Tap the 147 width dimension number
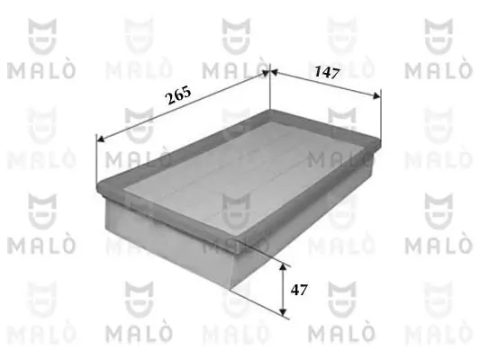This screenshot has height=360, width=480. [x=325, y=75]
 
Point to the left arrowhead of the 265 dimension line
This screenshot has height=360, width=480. [x=99, y=139]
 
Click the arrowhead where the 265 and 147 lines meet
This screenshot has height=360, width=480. [x=269, y=71]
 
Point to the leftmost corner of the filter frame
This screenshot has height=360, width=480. [x=97, y=185]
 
